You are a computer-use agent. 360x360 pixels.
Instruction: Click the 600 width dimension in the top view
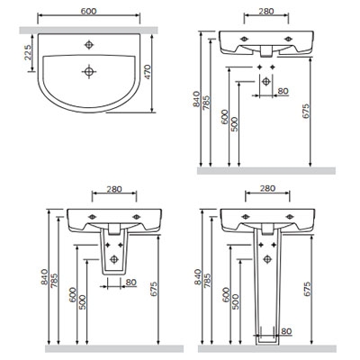point(89,11)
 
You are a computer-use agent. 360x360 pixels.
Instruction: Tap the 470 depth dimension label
point(148,72)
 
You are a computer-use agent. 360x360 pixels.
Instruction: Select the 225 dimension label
point(28,52)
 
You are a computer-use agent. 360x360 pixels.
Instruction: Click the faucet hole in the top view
point(89,45)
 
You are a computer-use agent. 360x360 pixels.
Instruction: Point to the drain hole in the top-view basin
point(89,71)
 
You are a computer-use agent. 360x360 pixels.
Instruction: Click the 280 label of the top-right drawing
point(266,11)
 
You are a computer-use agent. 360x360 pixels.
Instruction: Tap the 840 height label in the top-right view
point(196,99)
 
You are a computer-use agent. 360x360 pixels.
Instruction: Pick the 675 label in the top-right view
point(305,112)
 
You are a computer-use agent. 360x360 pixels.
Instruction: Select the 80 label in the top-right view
point(283,91)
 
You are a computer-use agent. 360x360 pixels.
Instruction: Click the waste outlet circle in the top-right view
point(266,81)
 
